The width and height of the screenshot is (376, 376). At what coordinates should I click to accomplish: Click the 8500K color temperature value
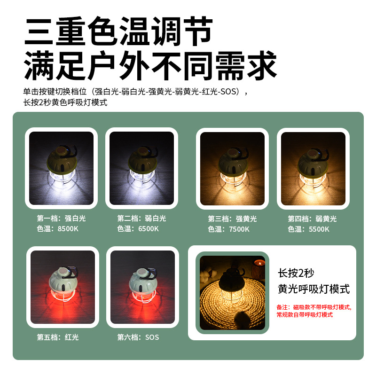tap(68, 228)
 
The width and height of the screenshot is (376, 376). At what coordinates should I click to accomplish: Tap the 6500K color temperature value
tap(149, 228)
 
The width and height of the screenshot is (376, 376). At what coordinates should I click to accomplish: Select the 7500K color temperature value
tap(239, 229)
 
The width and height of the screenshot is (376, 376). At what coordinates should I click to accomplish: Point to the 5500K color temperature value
tap(319, 229)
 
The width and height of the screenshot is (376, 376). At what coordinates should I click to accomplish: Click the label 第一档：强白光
tap(61, 218)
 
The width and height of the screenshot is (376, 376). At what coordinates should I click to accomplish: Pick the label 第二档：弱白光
tap(141, 218)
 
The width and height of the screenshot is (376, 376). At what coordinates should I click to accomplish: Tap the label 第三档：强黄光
tap(232, 219)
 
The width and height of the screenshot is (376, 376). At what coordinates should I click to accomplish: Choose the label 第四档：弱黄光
tap(312, 219)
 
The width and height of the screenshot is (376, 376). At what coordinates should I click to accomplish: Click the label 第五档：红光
tap(57, 337)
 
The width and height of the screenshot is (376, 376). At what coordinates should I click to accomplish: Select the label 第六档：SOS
tap(138, 337)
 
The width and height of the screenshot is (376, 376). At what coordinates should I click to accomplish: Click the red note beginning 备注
tap(314, 311)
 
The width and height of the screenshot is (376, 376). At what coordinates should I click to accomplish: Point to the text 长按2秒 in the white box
tap(296, 273)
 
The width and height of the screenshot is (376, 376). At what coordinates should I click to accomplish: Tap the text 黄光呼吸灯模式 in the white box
tap(313, 289)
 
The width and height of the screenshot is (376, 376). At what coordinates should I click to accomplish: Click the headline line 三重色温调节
tap(119, 31)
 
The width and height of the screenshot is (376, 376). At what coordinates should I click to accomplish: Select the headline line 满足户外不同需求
tap(150, 65)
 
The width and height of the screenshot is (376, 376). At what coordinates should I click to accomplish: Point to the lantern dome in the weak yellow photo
tap(313, 162)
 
